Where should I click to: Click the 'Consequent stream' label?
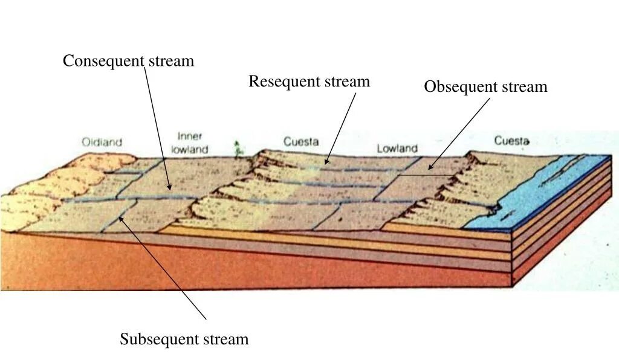pyautogui.click(x=128, y=61)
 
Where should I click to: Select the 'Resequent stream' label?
pyautogui.click(x=309, y=82)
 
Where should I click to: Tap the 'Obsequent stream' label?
pyautogui.click(x=485, y=87)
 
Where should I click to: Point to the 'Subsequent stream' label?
pyautogui.click(x=184, y=339)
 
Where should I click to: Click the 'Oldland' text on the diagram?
pyautogui.click(x=102, y=143)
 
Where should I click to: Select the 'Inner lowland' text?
pyautogui.click(x=190, y=143)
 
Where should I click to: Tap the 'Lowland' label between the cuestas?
pyautogui.click(x=397, y=148)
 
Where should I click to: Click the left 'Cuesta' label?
pyautogui.click(x=301, y=142)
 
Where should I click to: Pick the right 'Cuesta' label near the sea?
pyautogui.click(x=512, y=141)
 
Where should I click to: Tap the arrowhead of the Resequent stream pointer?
pyautogui.click(x=326, y=163)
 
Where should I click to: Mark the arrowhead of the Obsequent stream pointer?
pyautogui.click(x=430, y=168)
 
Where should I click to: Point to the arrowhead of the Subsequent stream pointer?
pyautogui.click(x=120, y=217)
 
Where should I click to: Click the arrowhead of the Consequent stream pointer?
pyautogui.click(x=170, y=189)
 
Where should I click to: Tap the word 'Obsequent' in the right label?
pyautogui.click(x=460, y=87)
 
